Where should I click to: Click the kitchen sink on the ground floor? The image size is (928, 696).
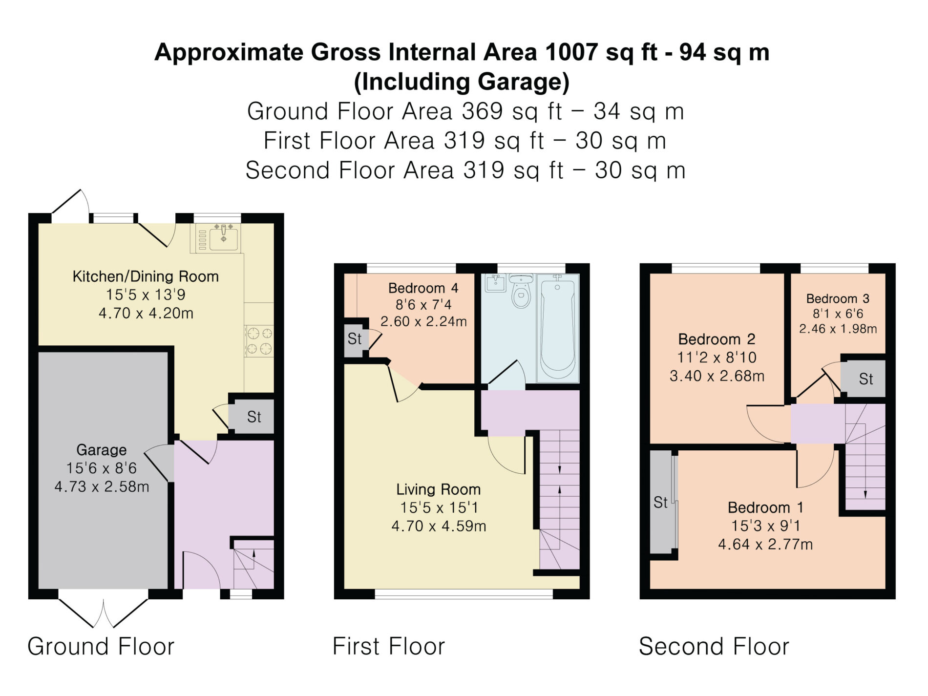coord(217,238)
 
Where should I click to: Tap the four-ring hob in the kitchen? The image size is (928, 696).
coord(259,341)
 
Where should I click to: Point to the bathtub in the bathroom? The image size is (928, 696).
coord(557,328)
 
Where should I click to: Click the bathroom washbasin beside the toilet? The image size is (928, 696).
coord(496,283)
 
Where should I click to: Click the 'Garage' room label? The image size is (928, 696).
coord(102,449)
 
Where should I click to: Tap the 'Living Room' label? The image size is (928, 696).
coord(438,489)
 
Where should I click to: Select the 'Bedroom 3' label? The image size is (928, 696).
coord(838,298)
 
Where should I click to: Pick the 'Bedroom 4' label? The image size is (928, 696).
coord(423,288)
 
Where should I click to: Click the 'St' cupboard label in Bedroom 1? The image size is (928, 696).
coord(660,502)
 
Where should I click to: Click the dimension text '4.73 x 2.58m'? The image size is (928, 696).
coord(102,486)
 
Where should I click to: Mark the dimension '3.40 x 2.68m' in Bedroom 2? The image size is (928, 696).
coord(717,376)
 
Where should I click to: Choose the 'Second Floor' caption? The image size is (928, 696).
coord(714,646)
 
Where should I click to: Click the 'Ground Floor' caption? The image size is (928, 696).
coord(101,646)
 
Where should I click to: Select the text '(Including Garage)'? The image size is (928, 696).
coord(462,82)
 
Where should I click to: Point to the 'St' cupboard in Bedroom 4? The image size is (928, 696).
coord(355,338)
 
